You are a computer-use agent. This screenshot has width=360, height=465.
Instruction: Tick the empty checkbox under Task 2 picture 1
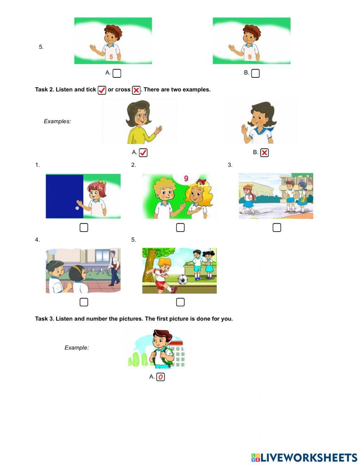click(84, 228)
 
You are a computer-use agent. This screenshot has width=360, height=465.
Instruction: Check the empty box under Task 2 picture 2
click(180, 228)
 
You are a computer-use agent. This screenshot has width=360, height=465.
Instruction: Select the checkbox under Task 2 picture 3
click(276, 228)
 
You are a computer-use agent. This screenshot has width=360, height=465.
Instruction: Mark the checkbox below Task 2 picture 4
click(84, 302)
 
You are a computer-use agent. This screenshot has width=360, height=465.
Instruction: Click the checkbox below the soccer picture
click(180, 302)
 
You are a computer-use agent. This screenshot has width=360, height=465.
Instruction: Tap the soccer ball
click(183, 279)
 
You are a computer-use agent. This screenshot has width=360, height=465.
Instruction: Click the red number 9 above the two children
click(186, 178)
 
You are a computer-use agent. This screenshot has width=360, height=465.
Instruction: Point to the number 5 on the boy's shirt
click(111, 57)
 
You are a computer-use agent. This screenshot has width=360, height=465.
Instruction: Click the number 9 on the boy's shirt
click(249, 57)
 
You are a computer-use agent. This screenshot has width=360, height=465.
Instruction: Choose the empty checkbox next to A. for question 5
click(117, 73)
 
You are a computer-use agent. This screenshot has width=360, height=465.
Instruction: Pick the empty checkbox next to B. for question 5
click(255, 73)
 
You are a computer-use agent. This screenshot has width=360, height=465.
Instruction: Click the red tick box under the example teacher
click(143, 153)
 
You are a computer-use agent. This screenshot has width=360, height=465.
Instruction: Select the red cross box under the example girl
click(264, 153)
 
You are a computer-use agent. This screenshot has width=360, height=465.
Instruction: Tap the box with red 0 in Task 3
click(161, 377)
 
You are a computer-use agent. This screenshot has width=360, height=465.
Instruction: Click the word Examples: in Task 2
click(57, 121)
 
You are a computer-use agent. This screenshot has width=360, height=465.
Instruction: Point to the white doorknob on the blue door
click(77, 208)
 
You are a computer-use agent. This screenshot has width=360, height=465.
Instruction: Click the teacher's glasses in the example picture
click(142, 116)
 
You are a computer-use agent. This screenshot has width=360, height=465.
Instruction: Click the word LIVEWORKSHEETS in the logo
click(309, 457)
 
